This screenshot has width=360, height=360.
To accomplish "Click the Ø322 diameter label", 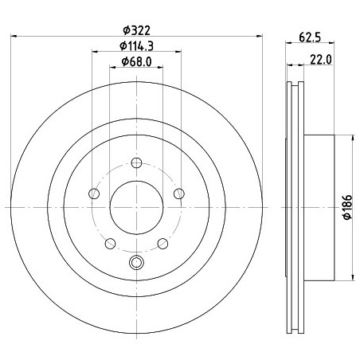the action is [136, 30].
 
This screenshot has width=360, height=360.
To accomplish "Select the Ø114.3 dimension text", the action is [136, 46].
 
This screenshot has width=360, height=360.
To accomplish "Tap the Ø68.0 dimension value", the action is [136, 62].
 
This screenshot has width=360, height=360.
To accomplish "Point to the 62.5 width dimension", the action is [310, 37].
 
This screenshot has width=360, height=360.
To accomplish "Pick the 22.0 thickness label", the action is [321, 60].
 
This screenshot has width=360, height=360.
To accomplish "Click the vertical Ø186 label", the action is [347, 207].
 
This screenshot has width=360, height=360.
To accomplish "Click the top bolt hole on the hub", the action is [136, 162].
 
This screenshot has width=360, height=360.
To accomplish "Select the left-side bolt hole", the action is [94, 194].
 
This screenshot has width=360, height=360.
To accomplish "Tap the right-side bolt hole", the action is [179, 194].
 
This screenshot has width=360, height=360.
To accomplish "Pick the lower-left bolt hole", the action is [110, 244].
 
